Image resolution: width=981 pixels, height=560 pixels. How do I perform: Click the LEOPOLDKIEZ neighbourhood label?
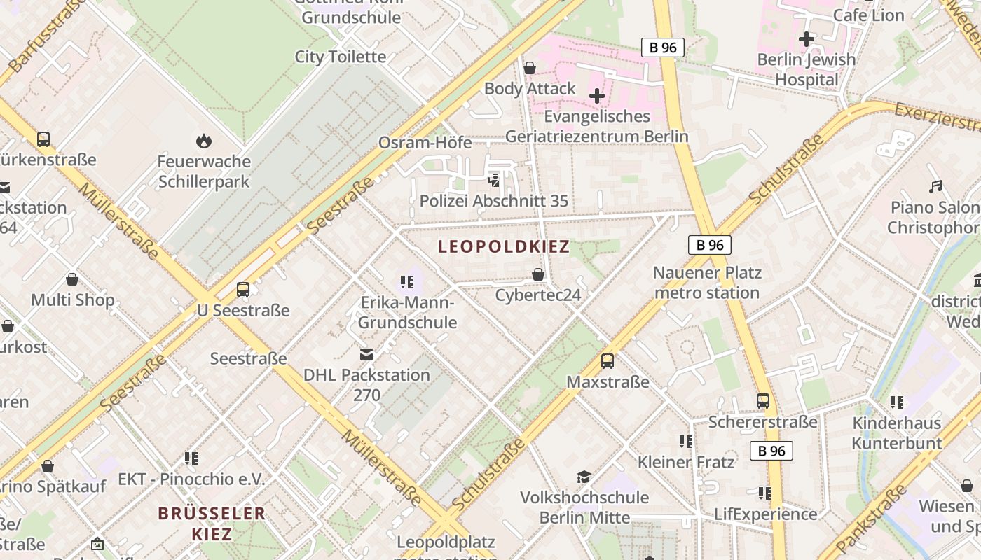click(x=504, y=246)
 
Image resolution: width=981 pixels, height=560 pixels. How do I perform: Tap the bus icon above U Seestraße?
click(x=243, y=289)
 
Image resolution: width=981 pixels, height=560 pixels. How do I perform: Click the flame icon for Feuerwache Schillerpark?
click(x=204, y=141)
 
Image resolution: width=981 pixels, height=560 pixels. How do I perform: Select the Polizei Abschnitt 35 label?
click(x=493, y=201)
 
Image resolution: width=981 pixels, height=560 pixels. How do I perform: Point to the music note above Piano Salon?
click(x=935, y=187)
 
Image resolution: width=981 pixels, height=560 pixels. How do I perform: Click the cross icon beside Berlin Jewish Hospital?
click(x=807, y=39)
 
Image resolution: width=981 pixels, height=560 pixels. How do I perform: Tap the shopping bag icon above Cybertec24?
click(x=538, y=274)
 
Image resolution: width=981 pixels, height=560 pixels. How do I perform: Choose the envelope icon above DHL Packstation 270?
click(x=366, y=355)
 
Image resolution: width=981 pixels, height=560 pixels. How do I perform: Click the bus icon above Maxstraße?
click(x=608, y=361)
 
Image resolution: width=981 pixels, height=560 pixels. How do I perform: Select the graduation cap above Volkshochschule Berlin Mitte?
click(x=584, y=477)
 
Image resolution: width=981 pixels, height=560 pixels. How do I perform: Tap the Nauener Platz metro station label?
click(x=706, y=283)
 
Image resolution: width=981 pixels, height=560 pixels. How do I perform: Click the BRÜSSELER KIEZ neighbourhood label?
click(x=212, y=524)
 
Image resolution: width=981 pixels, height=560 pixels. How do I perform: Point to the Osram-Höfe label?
click(x=425, y=143)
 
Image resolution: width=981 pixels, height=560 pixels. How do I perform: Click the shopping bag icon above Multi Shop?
click(x=72, y=280)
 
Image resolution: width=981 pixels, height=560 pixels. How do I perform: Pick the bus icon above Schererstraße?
click(x=762, y=401)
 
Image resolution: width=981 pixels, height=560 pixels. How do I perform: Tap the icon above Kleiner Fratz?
click(x=685, y=441)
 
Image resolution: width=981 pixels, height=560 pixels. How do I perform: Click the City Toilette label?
click(x=340, y=57)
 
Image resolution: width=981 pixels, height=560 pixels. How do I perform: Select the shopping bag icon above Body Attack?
click(x=530, y=68)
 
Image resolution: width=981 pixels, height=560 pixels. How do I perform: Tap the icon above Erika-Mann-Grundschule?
click(x=407, y=282)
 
